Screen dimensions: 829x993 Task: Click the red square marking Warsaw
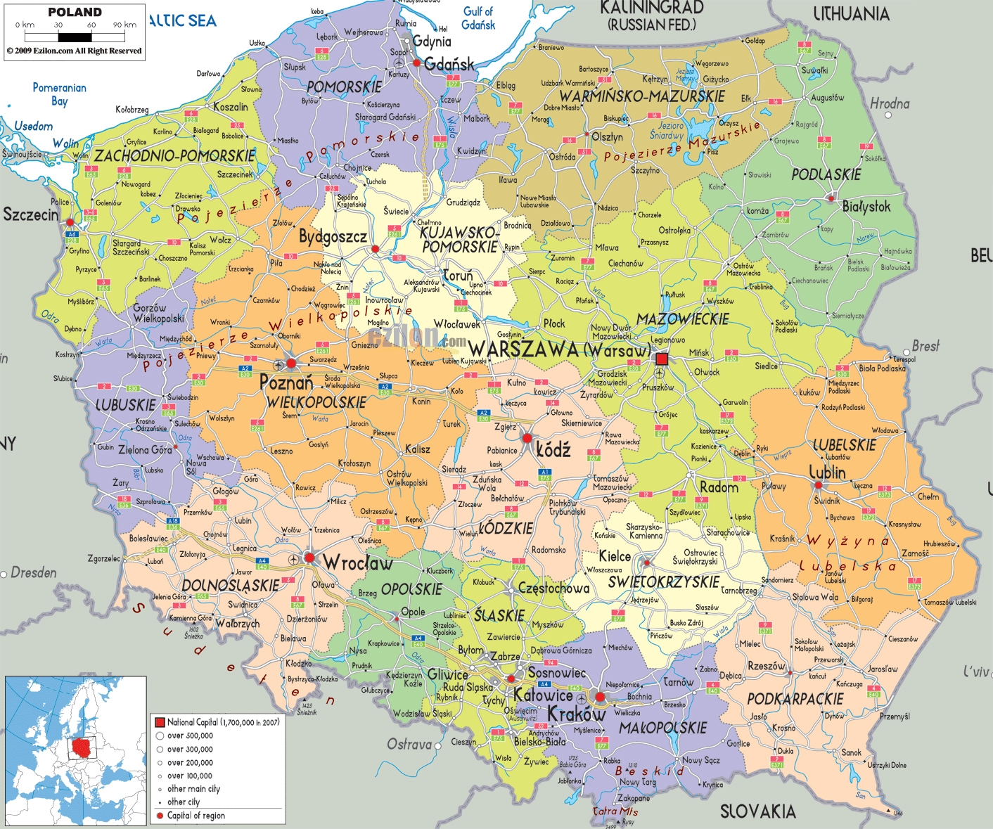pos(661,359)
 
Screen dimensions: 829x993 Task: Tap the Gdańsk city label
pos(449,65)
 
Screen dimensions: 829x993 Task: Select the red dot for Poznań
pos(291,364)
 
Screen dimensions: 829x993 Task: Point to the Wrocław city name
pos(358,563)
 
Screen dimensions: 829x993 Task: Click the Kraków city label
pos(576,714)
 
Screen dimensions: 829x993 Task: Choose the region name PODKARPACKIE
pos(795,699)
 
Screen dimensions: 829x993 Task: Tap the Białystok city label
pos(866,207)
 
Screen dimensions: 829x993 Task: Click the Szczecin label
pos(30,214)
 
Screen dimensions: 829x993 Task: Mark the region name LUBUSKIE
pos(126,405)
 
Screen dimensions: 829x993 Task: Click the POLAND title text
pos(75,12)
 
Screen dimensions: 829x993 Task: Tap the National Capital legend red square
pos(160,722)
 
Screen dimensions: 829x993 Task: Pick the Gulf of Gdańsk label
pos(478,18)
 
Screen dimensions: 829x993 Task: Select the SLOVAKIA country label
pos(757,811)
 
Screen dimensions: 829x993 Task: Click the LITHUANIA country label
pos(851,13)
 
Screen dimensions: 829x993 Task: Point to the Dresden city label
pos(33,572)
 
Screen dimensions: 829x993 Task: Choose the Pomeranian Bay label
pos(60,94)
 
